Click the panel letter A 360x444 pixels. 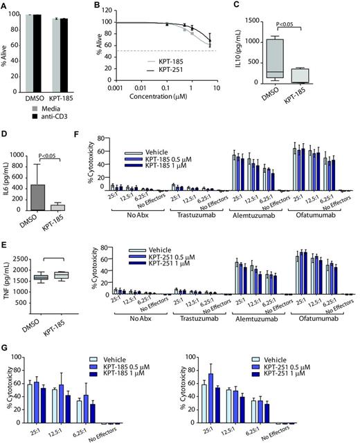point(5,6)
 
